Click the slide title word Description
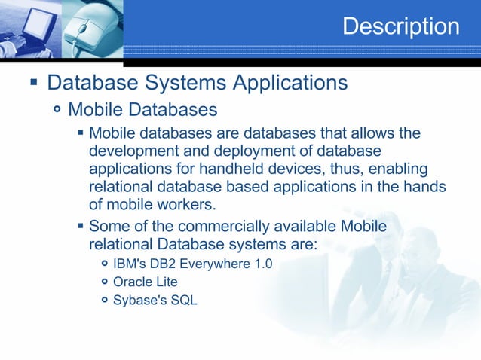[400, 26]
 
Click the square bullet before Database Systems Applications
[33, 82]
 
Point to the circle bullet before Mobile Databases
[58, 111]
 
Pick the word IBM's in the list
[129, 264]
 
